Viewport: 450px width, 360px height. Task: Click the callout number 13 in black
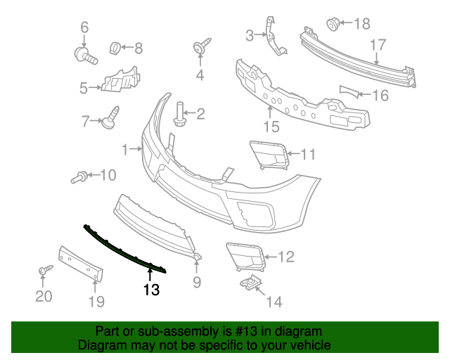(151, 289)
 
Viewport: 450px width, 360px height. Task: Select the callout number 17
(378, 45)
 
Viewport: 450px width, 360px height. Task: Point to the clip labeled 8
(113, 48)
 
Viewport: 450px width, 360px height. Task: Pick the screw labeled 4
(198, 49)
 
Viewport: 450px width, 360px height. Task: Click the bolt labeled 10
(79, 177)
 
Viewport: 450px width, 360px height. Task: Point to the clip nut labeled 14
(249, 283)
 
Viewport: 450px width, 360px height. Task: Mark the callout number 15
(270, 127)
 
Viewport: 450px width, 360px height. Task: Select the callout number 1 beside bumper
(126, 149)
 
